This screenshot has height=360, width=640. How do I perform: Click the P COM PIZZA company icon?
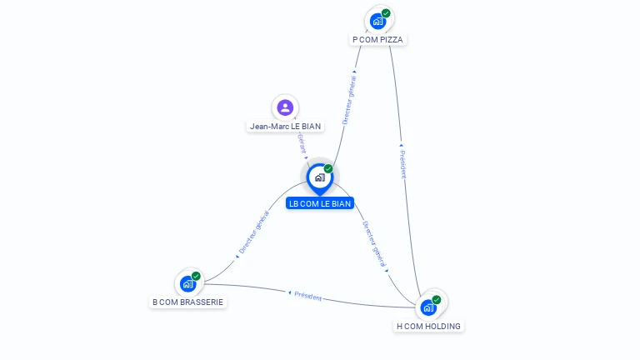[x=377, y=21]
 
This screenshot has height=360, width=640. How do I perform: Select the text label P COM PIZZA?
[x=378, y=39]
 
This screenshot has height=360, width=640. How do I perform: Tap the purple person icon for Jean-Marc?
[x=285, y=107]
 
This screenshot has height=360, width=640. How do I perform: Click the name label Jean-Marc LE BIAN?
[x=285, y=127]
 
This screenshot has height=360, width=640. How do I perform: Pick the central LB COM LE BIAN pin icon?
[x=319, y=177]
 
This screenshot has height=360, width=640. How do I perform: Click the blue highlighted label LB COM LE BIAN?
[x=320, y=203]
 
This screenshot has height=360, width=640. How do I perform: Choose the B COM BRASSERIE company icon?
[x=188, y=283]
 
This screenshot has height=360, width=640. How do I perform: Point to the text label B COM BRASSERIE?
[x=188, y=302]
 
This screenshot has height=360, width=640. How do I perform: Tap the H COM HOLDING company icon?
[x=428, y=307]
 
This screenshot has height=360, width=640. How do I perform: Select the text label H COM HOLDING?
[x=428, y=326]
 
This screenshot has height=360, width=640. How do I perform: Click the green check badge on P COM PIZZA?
[x=386, y=13]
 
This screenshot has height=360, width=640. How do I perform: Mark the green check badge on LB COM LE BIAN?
[x=328, y=169]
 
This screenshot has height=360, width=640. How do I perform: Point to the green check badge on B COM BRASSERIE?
[x=196, y=276]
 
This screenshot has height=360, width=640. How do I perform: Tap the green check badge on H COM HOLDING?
[x=437, y=300]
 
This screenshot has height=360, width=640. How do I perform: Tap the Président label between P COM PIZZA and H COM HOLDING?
[x=402, y=164]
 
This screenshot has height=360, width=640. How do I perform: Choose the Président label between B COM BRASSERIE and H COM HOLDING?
[x=307, y=297]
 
